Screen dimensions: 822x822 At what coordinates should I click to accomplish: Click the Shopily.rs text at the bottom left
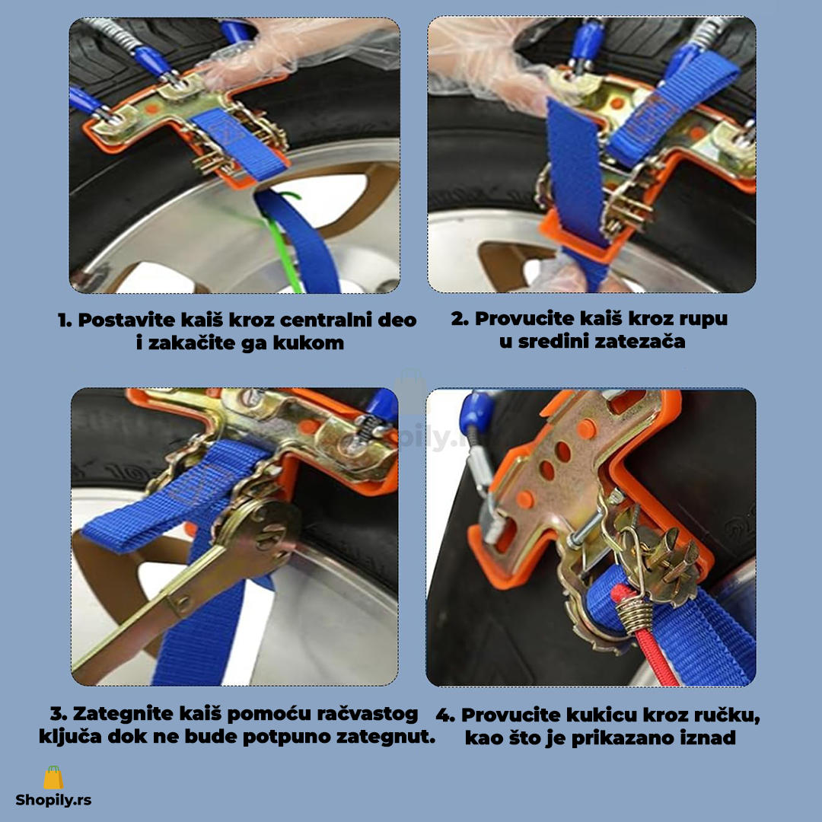point(53,800)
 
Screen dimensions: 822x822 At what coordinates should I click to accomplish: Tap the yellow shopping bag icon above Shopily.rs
point(53,777)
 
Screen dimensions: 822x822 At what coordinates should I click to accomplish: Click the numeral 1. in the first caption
point(65,320)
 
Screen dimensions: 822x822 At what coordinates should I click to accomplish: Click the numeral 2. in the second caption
point(459,318)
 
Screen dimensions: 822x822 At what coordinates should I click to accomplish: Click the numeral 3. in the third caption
point(59,713)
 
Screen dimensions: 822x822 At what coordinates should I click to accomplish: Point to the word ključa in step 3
point(70,737)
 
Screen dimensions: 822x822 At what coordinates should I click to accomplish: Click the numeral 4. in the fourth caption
point(445,715)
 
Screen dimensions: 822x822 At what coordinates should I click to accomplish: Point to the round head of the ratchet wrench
point(265,530)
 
